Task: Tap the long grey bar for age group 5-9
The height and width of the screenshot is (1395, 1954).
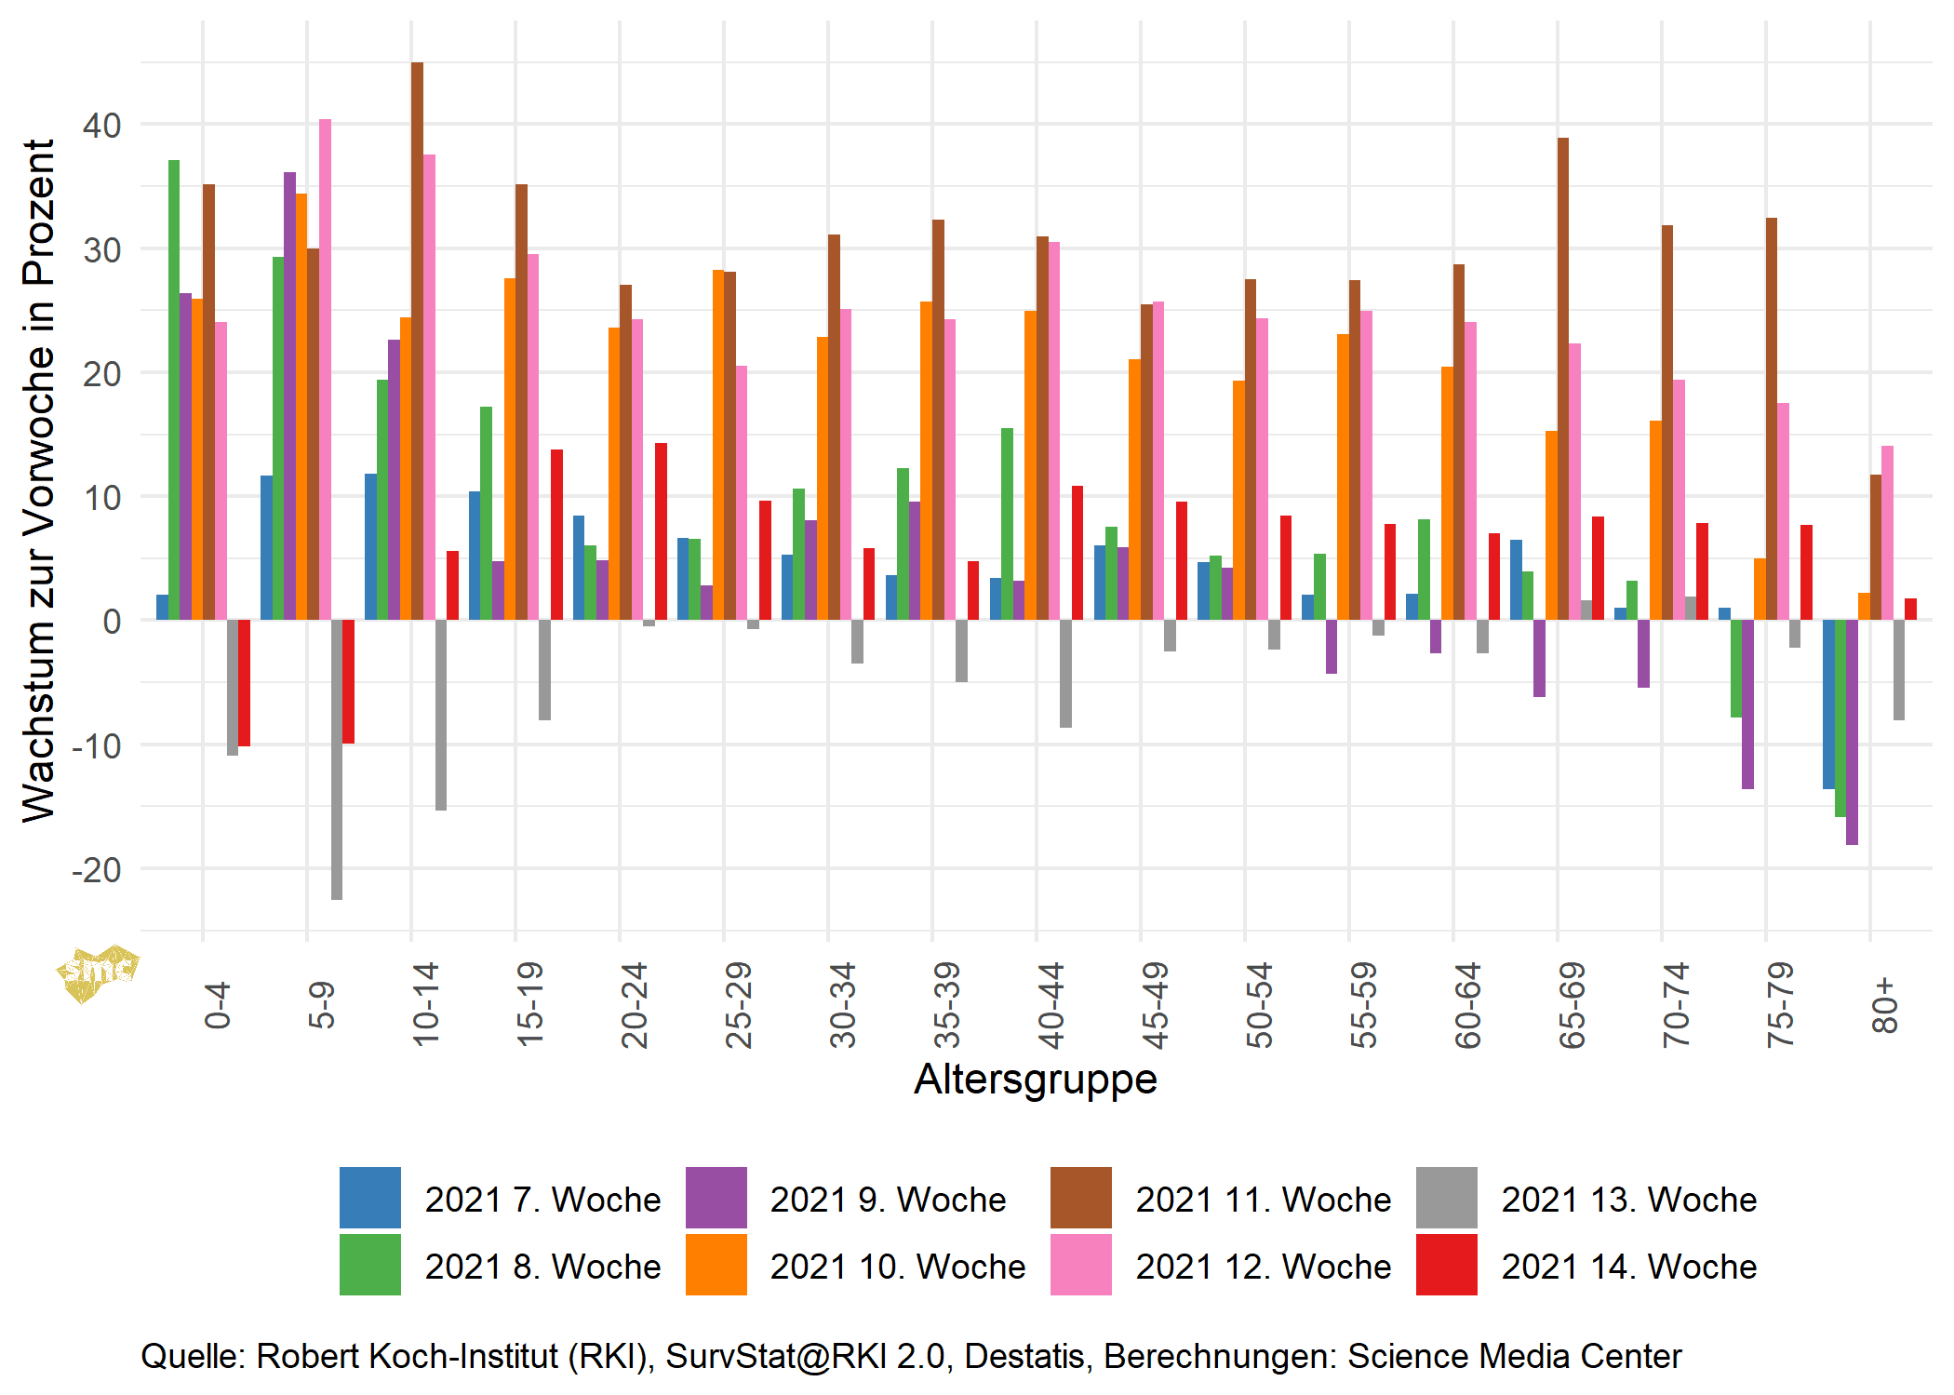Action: tap(337, 759)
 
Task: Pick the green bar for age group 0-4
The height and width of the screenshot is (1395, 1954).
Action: tap(174, 390)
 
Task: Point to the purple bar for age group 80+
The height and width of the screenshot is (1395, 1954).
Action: tap(1852, 732)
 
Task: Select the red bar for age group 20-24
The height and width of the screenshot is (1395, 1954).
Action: tap(661, 531)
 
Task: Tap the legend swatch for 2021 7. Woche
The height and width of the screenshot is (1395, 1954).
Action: tap(369, 1198)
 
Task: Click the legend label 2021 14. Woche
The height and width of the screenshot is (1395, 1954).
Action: tap(1628, 1267)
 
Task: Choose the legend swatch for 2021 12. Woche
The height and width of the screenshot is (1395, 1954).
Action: tap(1080, 1265)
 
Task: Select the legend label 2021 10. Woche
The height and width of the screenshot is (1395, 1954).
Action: tap(897, 1267)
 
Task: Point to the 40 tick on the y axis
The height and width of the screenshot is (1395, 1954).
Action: tap(101, 126)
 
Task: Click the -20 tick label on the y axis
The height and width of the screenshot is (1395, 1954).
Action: tap(97, 870)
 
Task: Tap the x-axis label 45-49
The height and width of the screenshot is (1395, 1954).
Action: tap(1155, 1005)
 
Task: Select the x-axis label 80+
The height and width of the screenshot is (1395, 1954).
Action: tap(1884, 1005)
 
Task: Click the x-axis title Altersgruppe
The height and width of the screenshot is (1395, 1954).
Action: tap(1035, 1080)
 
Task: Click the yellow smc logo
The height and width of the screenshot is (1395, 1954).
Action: tap(97, 973)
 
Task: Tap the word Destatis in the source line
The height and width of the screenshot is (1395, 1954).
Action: tap(1024, 1356)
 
